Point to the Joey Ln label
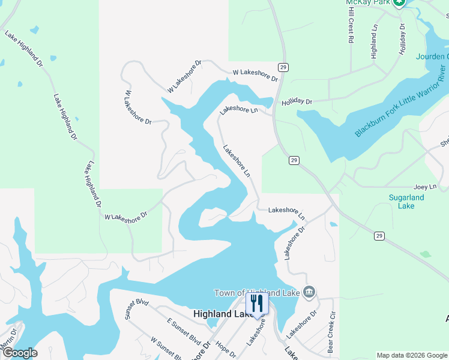pos(424,188)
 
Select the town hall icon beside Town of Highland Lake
pos(309,292)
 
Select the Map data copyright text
pos(412,355)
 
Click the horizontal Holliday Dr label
pos(297,102)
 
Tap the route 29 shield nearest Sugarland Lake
pos(379,236)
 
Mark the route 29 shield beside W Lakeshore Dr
pos(282,66)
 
